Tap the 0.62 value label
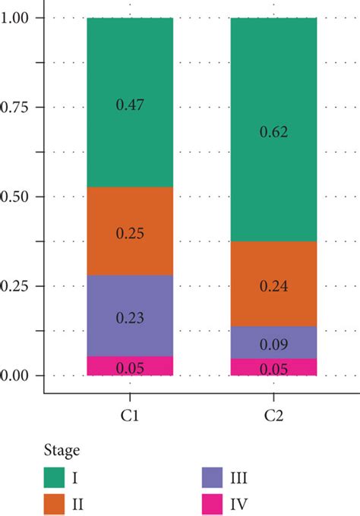273,131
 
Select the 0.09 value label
273,345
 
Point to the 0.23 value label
130,318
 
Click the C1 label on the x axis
130,417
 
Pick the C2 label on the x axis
273,417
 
